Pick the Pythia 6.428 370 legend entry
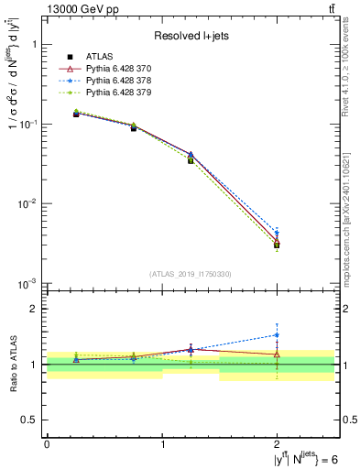(124, 71)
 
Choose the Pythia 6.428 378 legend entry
(124, 82)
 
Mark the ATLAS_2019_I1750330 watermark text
(191, 274)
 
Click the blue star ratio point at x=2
(277, 335)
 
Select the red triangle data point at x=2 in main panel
(277, 240)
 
